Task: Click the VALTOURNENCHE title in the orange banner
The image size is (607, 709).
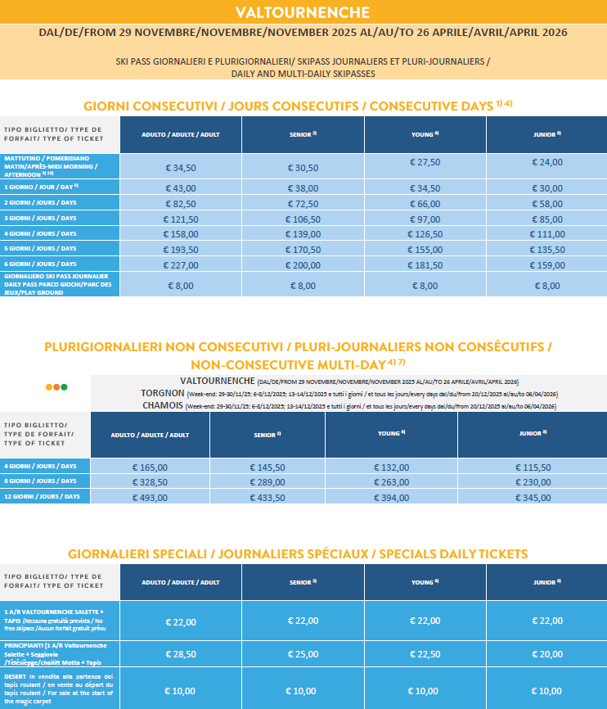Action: [x=303, y=11]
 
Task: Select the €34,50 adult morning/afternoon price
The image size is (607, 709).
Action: [x=181, y=168]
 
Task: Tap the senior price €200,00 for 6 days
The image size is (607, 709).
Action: [x=302, y=264]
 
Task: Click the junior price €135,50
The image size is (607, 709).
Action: [x=546, y=248]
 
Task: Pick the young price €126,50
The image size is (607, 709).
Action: [x=425, y=233]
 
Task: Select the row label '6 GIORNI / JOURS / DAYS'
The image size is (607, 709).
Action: [x=40, y=264]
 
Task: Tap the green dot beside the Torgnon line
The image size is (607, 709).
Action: [x=64, y=386]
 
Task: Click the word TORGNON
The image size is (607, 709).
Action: [x=162, y=393]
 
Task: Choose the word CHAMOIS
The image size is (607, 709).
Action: [x=163, y=405]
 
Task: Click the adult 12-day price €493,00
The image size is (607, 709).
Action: [x=150, y=497]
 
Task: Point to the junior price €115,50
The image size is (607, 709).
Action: [x=530, y=467]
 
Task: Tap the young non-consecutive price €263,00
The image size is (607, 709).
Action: [x=396, y=481]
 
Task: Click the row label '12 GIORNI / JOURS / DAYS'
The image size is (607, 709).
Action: [x=43, y=497]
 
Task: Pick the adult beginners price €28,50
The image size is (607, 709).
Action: [x=181, y=654]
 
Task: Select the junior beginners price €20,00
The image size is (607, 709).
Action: [x=546, y=653]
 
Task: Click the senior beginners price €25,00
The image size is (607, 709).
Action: [x=302, y=653]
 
